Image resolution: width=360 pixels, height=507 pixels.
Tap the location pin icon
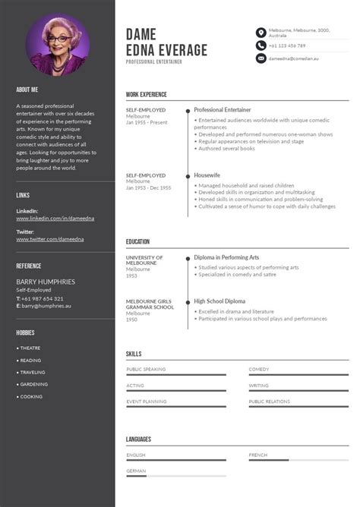pyautogui.click(x=261, y=33)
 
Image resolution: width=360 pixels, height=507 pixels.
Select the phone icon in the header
pyautogui.click(x=261, y=46)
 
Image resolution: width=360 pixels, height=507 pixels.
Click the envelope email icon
pyautogui.click(x=261, y=58)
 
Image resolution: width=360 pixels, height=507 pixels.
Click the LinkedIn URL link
pyautogui.click(x=50, y=219)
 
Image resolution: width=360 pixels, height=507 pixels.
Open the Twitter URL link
pyautogui.click(x=50, y=239)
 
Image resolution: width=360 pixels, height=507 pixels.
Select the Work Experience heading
pyautogui.click(x=147, y=95)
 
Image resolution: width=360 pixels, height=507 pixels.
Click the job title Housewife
pyautogui.click(x=208, y=175)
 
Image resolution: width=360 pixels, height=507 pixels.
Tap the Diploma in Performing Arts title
pyautogui.click(x=226, y=257)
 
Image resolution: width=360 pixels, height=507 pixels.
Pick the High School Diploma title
pyautogui.click(x=219, y=301)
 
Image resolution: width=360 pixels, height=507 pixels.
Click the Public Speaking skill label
pyautogui.click(x=146, y=369)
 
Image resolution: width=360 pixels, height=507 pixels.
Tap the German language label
pyautogui.click(x=137, y=471)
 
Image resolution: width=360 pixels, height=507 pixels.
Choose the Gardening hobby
pyautogui.click(x=33, y=384)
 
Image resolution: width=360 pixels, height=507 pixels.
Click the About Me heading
pyautogui.click(x=27, y=90)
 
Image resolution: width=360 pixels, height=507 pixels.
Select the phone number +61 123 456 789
pyautogui.click(x=287, y=46)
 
